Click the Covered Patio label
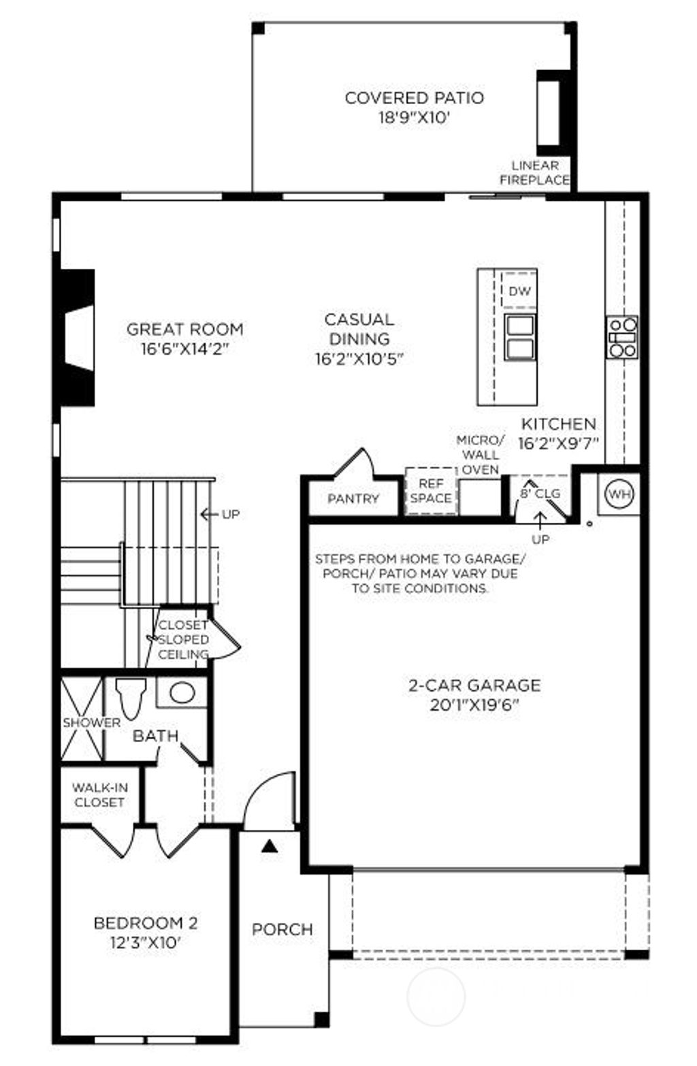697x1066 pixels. (414, 98)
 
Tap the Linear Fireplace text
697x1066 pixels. (535, 173)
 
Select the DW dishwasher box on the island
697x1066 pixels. (519, 291)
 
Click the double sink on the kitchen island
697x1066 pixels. (519, 337)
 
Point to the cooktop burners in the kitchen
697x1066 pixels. (623, 337)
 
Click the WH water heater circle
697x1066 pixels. (619, 494)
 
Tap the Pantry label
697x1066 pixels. (353, 499)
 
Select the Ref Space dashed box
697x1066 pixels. (430, 491)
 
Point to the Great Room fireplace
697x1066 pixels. (77, 338)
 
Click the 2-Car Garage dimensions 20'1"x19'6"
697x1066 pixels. (474, 705)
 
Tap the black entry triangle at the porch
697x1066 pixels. (270, 847)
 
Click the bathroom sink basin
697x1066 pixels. (182, 693)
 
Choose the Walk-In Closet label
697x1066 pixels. (99, 795)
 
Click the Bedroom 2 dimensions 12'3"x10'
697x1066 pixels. (146, 943)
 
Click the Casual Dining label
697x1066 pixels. (359, 329)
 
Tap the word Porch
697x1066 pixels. (282, 929)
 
